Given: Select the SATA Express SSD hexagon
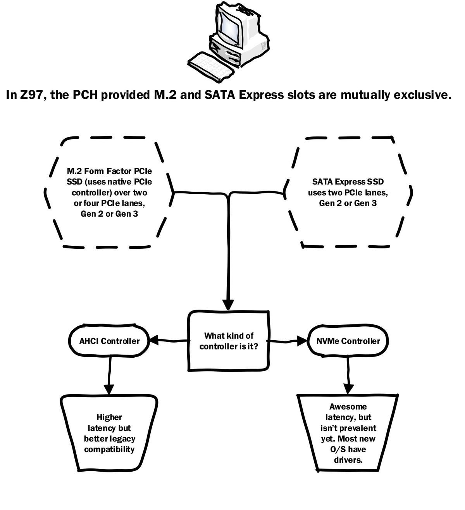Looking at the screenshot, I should (348, 192).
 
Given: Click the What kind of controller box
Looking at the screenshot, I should (229, 341).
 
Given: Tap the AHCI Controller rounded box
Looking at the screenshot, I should (109, 341).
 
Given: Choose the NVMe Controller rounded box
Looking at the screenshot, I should (348, 341).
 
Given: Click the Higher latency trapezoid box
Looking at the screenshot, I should (109, 433).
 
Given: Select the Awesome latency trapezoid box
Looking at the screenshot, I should (348, 433).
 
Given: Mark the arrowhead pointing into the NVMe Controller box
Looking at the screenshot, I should (303, 341).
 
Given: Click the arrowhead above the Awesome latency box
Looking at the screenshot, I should (349, 388).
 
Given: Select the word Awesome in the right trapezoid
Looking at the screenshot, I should (348, 407).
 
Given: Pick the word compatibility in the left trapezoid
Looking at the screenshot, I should (109, 450).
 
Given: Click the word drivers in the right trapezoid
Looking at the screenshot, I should (348, 460).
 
